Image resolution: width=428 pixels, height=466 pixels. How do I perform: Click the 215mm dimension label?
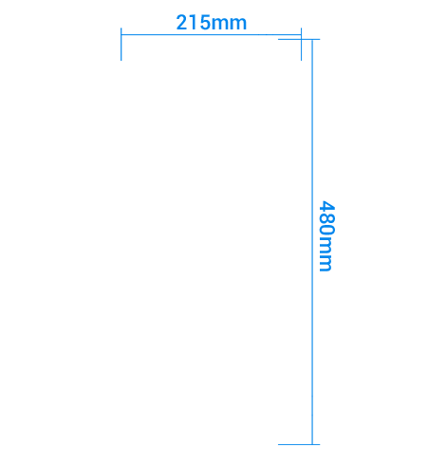(211, 23)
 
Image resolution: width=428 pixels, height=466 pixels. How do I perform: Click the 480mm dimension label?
(326, 236)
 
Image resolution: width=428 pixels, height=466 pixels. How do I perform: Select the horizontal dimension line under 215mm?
(211, 34)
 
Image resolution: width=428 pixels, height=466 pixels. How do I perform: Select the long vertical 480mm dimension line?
(312, 242)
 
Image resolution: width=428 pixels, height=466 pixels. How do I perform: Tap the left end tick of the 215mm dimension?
(121, 44)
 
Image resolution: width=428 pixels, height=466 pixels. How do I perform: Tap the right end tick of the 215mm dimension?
(301, 44)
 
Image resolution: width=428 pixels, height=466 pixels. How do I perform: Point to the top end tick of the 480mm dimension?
(299, 39)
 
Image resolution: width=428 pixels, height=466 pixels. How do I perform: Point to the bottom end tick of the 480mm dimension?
(299, 444)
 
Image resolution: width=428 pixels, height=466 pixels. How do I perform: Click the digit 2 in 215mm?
(181, 23)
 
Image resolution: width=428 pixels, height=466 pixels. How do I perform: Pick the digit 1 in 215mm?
(193, 23)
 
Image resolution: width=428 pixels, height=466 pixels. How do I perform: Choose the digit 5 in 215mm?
(204, 23)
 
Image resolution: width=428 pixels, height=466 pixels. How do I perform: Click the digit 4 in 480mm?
(326, 206)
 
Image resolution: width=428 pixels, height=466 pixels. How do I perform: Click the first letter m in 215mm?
(219, 25)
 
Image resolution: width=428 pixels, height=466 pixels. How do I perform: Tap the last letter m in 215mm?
(238, 25)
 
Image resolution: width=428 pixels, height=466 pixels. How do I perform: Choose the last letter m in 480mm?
(325, 263)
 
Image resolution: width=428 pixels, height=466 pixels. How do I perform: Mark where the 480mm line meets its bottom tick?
(312, 444)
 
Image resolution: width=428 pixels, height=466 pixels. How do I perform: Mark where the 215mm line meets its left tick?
(121, 34)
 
